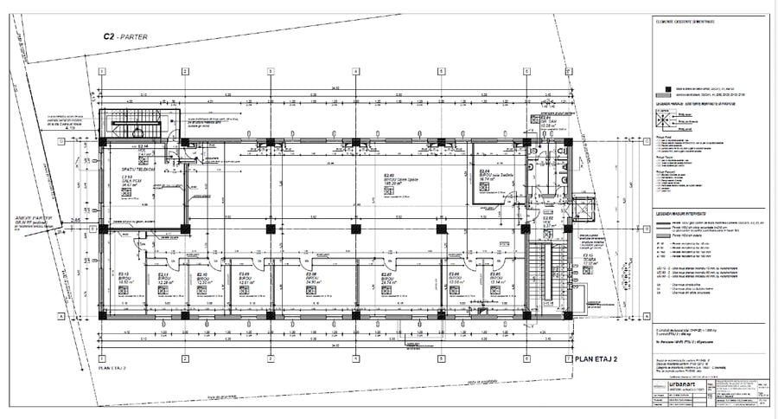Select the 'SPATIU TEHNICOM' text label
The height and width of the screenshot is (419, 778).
138,169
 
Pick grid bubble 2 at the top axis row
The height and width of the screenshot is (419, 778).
188,71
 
